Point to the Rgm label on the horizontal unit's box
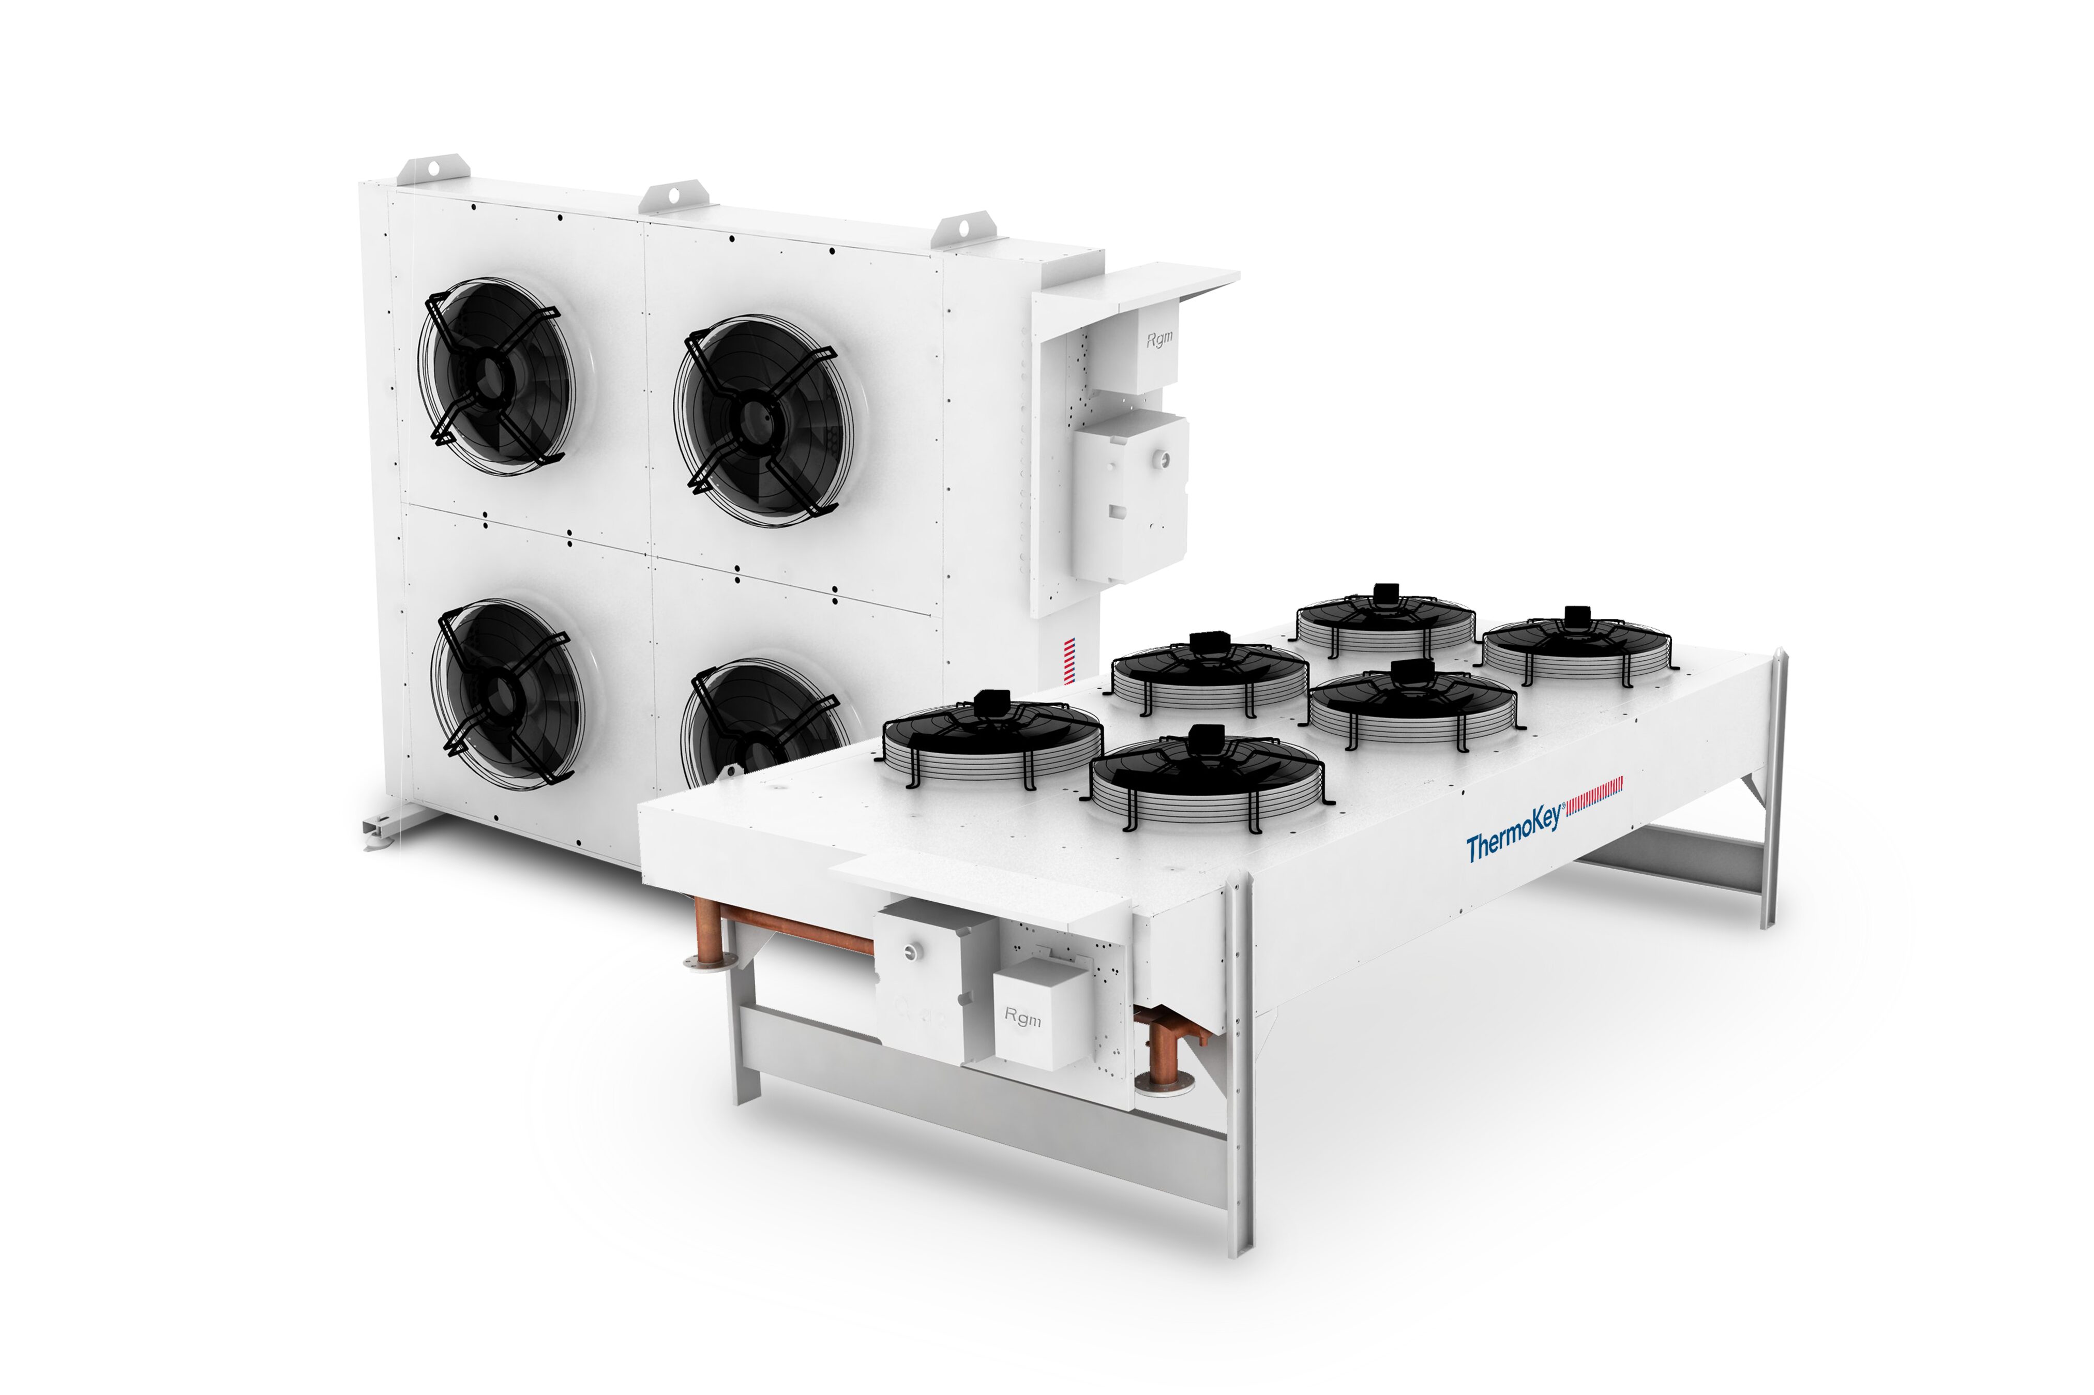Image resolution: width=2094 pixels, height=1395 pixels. tap(1022, 1017)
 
